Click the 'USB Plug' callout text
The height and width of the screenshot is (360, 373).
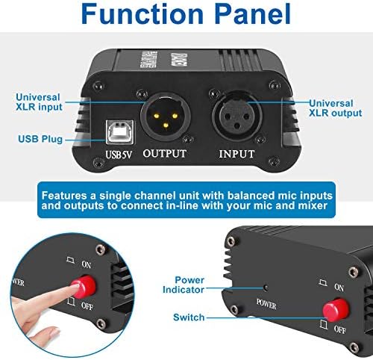click(42, 139)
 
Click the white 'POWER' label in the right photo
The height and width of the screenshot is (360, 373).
click(266, 304)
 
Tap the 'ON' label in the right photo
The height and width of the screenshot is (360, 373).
click(339, 287)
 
